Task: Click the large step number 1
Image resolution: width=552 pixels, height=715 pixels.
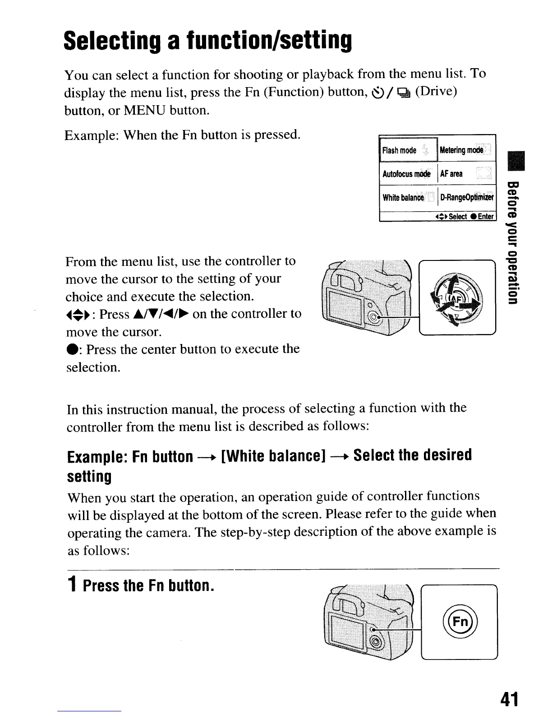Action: [x=72, y=586]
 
